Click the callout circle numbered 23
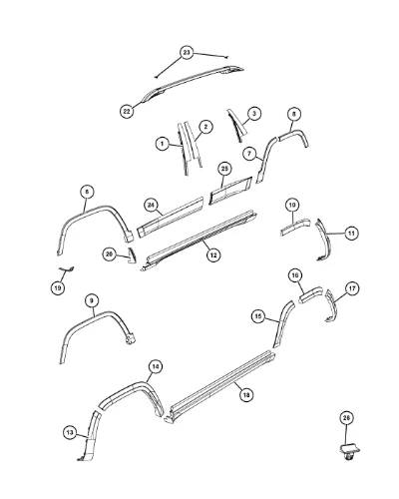pyautogui.click(x=187, y=53)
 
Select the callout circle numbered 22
pyautogui.click(x=127, y=111)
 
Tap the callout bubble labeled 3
pyautogui.click(x=254, y=114)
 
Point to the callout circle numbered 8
pyautogui.click(x=293, y=114)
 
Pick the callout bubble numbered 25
pyautogui.click(x=224, y=169)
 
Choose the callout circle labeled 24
pyautogui.click(x=151, y=206)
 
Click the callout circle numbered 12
pyautogui.click(x=213, y=254)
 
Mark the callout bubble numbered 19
pyautogui.click(x=58, y=287)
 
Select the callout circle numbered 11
pyautogui.click(x=351, y=234)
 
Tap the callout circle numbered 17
pyautogui.click(x=352, y=288)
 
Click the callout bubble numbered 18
pyautogui.click(x=246, y=395)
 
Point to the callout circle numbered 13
pyautogui.click(x=70, y=432)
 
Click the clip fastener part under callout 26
pyautogui.click(x=349, y=451)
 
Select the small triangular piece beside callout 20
pyautogui.click(x=132, y=255)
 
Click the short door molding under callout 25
pyautogui.click(x=230, y=191)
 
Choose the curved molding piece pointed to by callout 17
pyautogui.click(x=331, y=305)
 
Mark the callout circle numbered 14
pyautogui.click(x=156, y=367)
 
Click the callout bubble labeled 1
pyautogui.click(x=163, y=144)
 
